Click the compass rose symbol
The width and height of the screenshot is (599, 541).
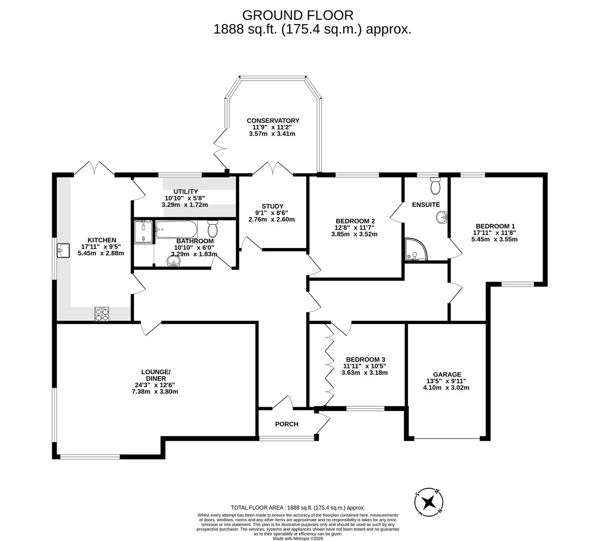429,501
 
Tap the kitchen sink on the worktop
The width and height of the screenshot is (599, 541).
63,250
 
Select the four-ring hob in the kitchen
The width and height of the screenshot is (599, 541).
102,314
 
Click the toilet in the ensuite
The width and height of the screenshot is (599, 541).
435,186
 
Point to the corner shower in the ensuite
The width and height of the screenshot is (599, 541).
415,250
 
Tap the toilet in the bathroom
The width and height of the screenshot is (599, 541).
213,229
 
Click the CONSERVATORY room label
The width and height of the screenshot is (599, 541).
273,120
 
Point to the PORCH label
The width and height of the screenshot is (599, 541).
287,424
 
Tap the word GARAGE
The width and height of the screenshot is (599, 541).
447,374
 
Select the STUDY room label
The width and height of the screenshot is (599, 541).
272,206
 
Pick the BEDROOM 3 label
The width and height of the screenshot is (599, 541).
365,359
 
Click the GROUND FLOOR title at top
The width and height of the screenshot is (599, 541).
298,15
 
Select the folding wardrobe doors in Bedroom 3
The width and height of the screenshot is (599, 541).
329,365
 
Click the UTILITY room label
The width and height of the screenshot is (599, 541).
186,191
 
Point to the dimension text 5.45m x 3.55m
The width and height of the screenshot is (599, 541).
494,239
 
